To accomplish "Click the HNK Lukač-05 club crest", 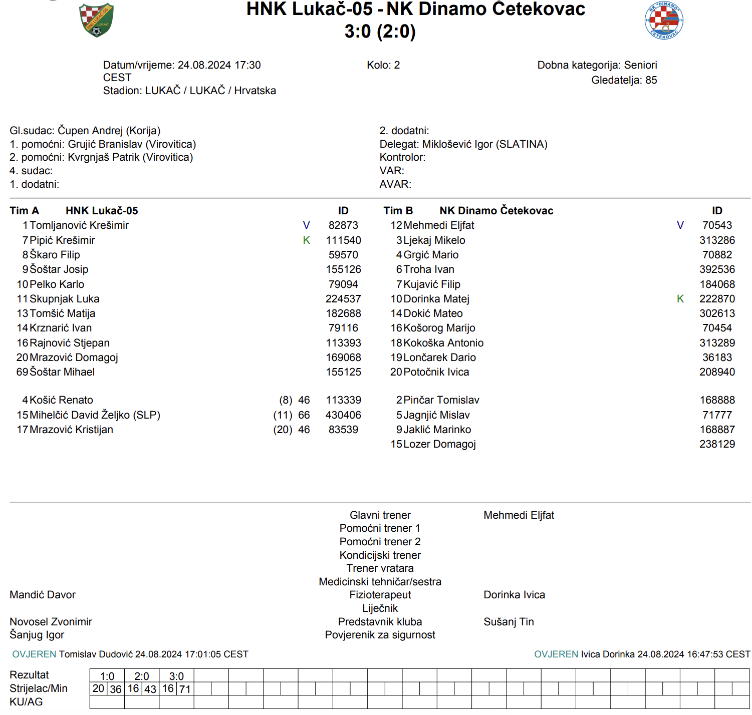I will click(x=97, y=20).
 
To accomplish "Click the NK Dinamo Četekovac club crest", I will click(x=664, y=21).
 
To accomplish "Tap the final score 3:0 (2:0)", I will click(x=380, y=32).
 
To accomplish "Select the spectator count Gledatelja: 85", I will click(x=624, y=80).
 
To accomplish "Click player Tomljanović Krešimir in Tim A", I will click(x=79, y=225).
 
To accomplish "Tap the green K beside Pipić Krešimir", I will click(x=307, y=240).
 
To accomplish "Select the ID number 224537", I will click(x=343, y=299).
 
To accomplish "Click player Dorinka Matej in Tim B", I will click(x=436, y=299).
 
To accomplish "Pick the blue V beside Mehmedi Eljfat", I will click(x=680, y=225).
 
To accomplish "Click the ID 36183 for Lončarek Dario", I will click(x=717, y=357).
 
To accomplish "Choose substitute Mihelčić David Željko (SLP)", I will click(x=95, y=415).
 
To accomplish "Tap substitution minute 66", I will click(x=304, y=415).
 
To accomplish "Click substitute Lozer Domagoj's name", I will click(x=439, y=444).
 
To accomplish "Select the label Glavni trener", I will click(x=380, y=515).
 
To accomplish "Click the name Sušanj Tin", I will click(x=509, y=622).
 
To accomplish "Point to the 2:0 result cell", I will click(x=142, y=676).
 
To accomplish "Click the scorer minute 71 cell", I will click(x=185, y=689).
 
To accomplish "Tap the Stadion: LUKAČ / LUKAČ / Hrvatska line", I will click(x=189, y=91).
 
